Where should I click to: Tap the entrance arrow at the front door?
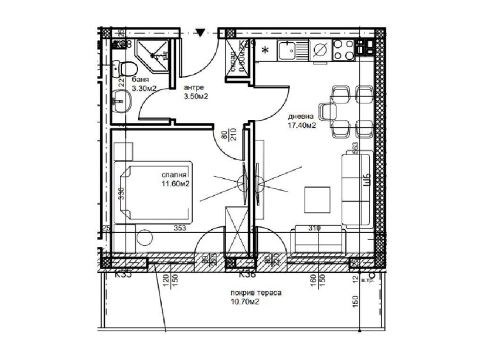coord(200,32)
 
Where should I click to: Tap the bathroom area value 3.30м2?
coord(144,89)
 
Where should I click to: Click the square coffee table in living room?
coord(317,200)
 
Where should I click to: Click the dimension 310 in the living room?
coord(314,227)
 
